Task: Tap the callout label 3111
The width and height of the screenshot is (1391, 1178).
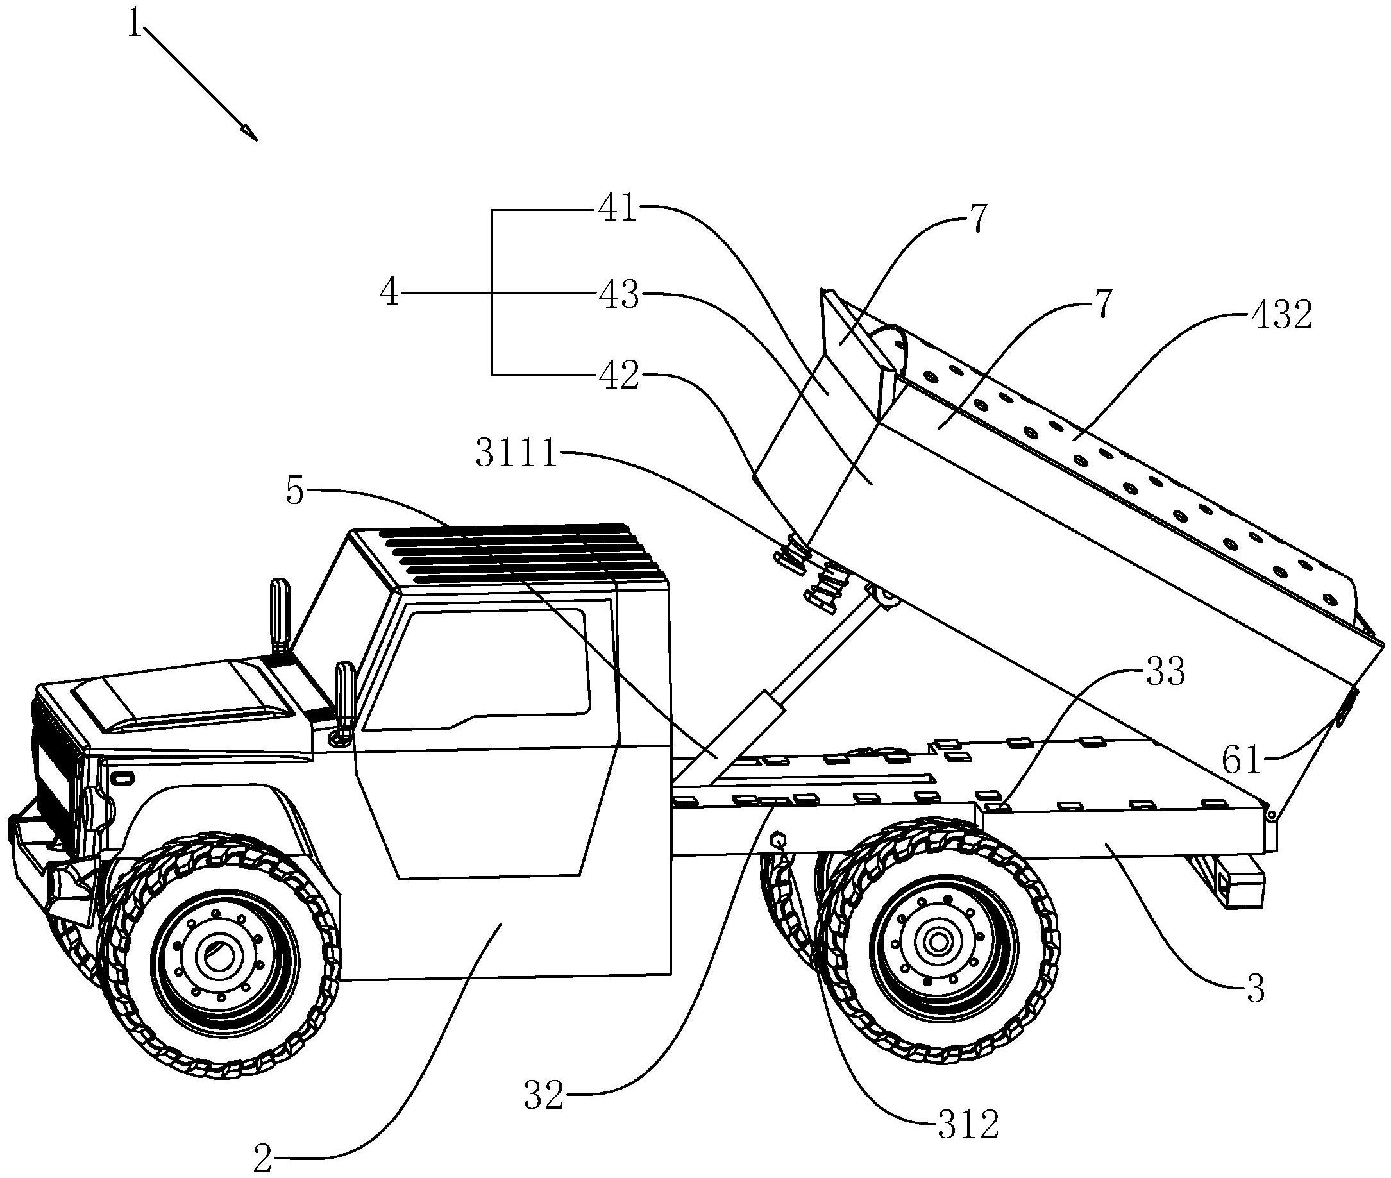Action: [x=516, y=454]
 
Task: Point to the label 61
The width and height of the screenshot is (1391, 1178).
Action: [x=1241, y=761]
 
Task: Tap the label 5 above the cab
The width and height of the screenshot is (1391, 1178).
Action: [x=294, y=492]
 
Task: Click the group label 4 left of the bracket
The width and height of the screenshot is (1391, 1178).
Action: [x=389, y=292]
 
